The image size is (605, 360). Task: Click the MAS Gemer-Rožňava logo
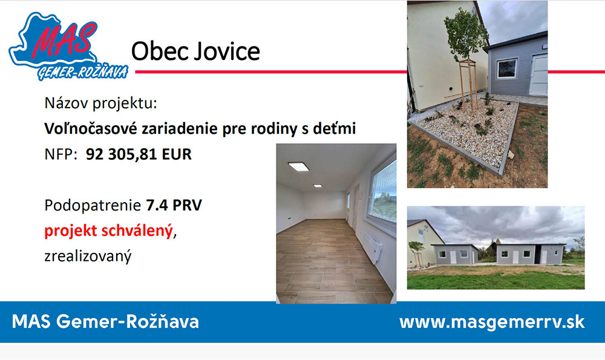coord(68,47)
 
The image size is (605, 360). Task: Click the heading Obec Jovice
coord(195,51)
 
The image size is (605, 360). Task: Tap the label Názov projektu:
coord(100,103)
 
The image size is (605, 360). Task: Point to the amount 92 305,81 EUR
coord(139,154)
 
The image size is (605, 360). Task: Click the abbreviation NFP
coord(58,154)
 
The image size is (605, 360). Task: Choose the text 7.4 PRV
coord(174,205)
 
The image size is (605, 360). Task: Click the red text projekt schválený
coord(108,231)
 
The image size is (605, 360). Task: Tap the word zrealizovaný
coord(88,256)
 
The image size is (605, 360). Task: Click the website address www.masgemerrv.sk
coord(492,322)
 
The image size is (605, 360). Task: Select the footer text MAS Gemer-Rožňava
coord(105,321)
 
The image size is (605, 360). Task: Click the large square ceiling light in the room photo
coord(298,166)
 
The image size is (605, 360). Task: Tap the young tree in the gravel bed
coord(465,58)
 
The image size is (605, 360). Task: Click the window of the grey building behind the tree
coord(506,68)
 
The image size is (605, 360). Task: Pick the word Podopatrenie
coord(93,205)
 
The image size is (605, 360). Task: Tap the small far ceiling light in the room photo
coord(318,186)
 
